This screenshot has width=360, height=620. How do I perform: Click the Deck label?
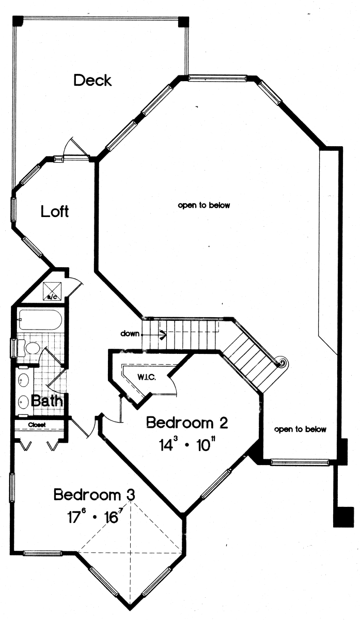pos(92,80)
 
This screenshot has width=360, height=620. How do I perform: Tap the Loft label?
pos(55,211)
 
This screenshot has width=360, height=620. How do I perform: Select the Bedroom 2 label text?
pos(187,423)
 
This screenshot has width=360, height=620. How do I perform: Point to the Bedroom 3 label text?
pos(95,494)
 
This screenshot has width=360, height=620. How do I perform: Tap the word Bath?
pos(47,400)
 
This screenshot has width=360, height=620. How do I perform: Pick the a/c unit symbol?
pos(53,291)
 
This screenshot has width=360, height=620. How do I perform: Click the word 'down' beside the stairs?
pos(130,334)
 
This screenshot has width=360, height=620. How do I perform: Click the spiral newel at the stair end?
pos(281,362)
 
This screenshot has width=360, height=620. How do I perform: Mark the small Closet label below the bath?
pos(37,425)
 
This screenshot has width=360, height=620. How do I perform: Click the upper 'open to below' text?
pos(204,205)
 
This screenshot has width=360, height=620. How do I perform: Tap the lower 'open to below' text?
pos(300,429)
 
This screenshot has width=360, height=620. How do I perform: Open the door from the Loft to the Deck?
pos(71,150)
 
